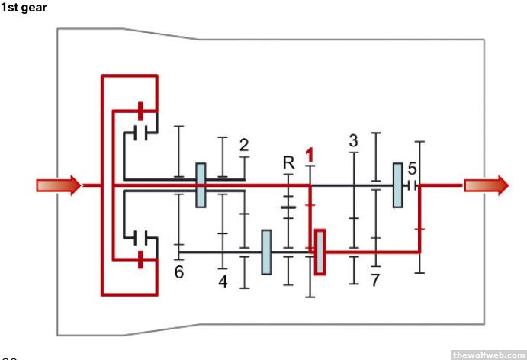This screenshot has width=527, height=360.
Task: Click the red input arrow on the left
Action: (x=58, y=185)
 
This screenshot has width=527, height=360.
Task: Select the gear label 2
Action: (x=243, y=145)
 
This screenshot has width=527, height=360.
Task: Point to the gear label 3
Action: (x=353, y=141)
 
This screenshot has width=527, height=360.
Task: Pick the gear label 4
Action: (x=223, y=281)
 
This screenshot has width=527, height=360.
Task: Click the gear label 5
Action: (x=412, y=168)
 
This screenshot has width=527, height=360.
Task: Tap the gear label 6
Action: (x=179, y=272)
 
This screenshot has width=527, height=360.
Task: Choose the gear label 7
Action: (x=374, y=280)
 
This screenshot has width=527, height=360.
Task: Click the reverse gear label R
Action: (x=288, y=162)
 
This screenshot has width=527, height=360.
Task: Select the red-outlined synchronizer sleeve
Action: (x=320, y=251)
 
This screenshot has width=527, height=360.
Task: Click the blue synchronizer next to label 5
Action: (x=397, y=185)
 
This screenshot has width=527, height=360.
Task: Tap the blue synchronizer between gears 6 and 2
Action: (x=201, y=185)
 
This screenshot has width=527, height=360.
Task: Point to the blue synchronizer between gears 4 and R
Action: (x=266, y=251)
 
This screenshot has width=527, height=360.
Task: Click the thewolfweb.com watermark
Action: (x=487, y=354)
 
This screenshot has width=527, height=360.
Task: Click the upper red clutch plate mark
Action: (x=140, y=108)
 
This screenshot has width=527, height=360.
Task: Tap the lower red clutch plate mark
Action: (x=140, y=260)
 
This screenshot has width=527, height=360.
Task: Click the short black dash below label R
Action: (x=288, y=206)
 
